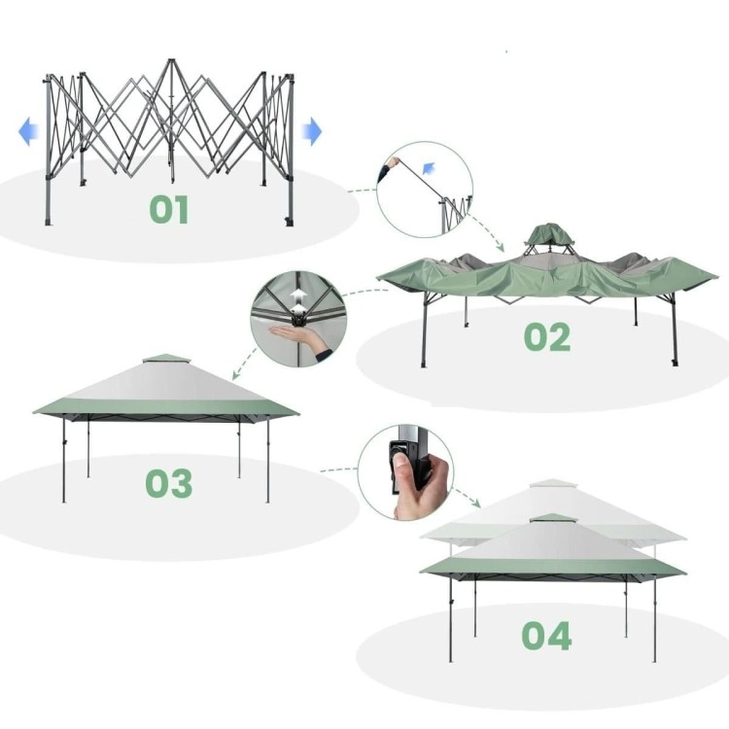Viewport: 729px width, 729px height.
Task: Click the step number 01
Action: click(169, 209)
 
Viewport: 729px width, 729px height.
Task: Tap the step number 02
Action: click(546, 336)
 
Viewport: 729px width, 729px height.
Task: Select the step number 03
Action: click(169, 483)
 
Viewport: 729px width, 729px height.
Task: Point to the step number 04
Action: click(546, 635)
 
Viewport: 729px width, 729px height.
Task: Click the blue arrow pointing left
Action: click(28, 131)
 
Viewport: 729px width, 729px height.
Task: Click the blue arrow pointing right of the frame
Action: click(311, 131)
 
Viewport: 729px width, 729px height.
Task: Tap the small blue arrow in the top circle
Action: click(429, 168)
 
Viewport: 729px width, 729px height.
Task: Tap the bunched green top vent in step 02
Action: click(549, 234)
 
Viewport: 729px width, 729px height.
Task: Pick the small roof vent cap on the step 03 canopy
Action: click(166, 360)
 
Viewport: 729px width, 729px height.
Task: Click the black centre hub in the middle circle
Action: click(296, 319)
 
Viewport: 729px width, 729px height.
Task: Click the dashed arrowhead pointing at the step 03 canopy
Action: click(236, 374)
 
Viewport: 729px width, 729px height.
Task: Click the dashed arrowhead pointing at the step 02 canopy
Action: click(500, 247)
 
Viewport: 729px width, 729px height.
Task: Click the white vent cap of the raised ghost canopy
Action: click(553, 483)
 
